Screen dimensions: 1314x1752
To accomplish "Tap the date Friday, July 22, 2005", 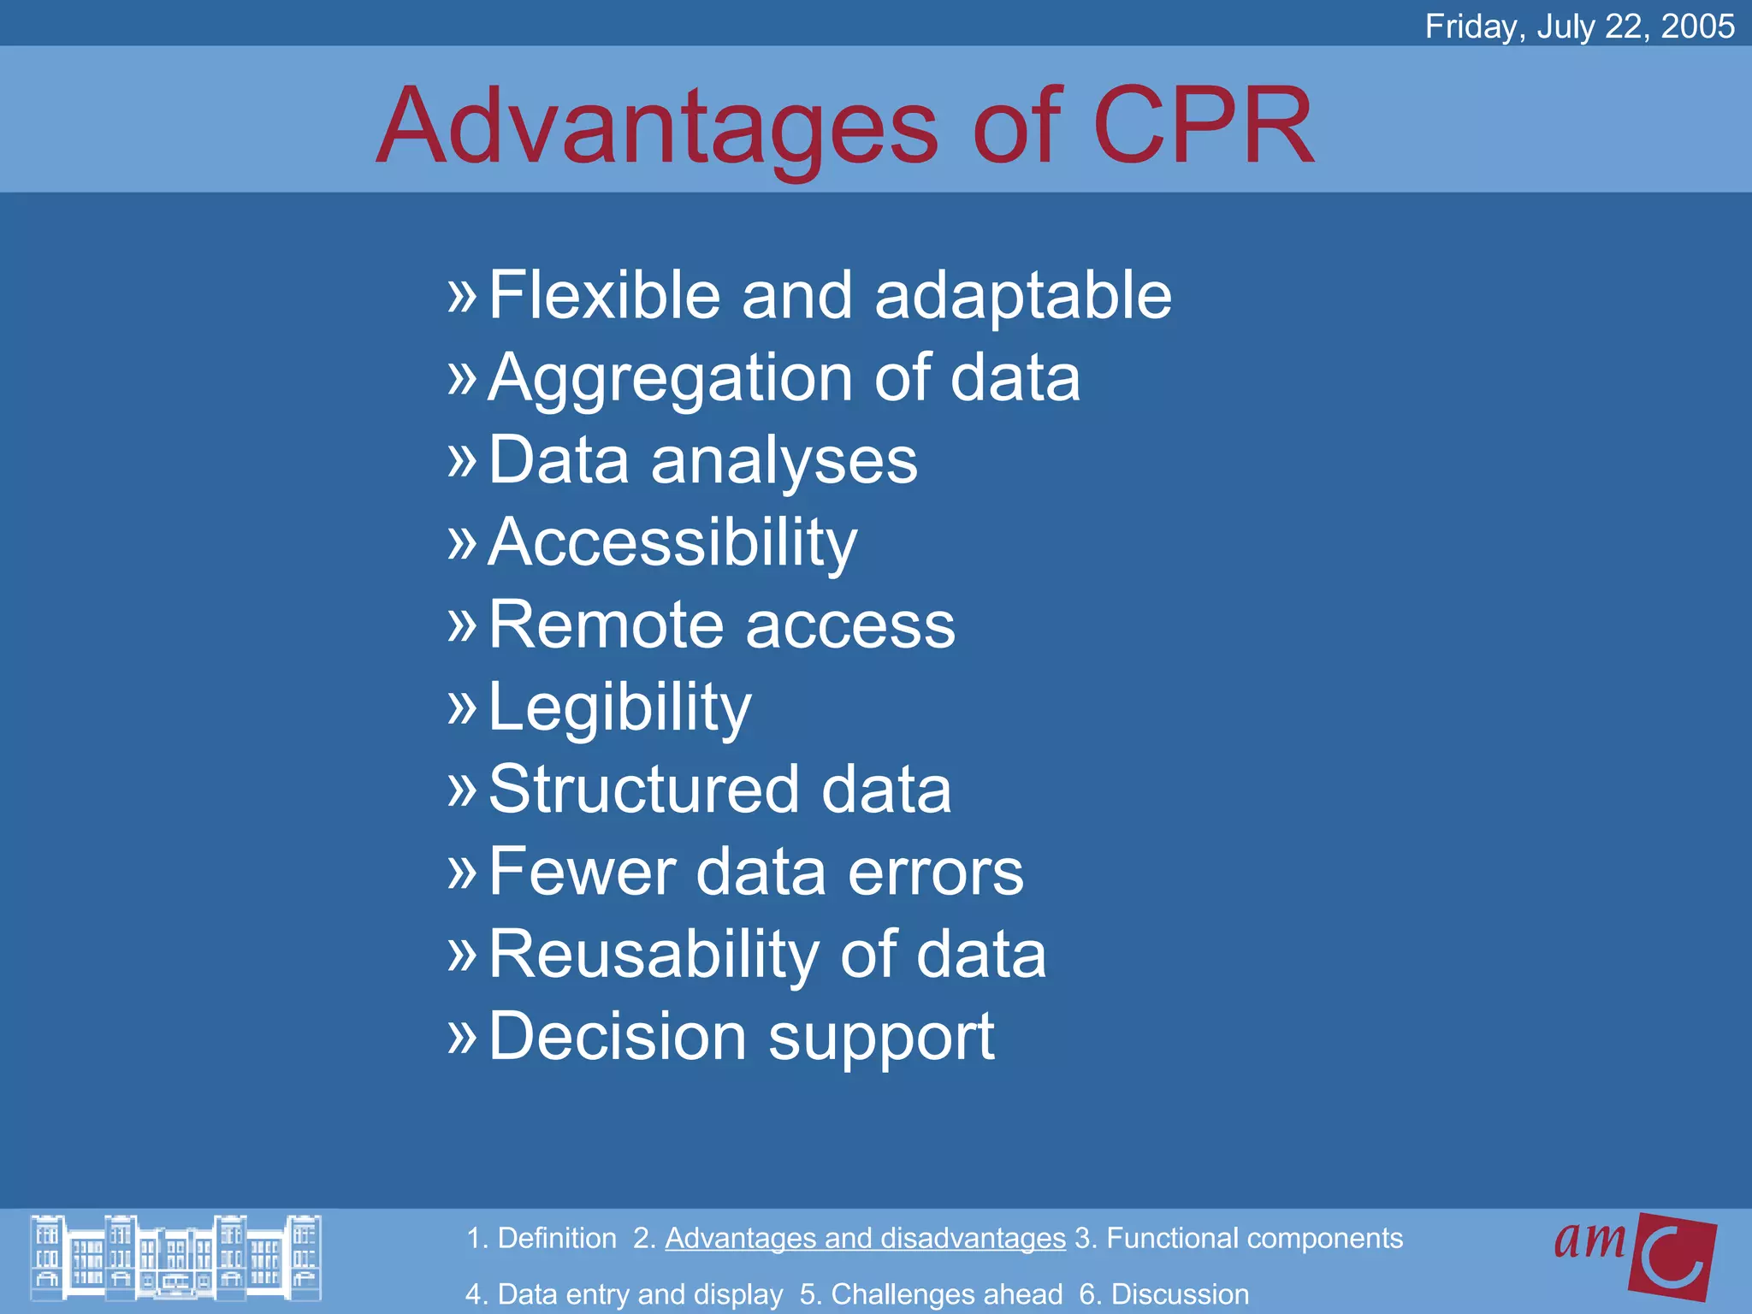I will (x=1579, y=26).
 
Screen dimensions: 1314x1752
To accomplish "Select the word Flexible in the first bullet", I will (x=604, y=295).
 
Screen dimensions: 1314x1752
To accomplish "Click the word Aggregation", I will (x=670, y=378).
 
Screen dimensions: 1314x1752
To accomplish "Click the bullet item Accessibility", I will (x=672, y=542).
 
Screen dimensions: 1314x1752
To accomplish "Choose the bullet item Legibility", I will (x=619, y=707).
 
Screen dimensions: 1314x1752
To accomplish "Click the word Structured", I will (x=643, y=789).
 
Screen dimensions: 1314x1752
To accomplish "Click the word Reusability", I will (x=653, y=954).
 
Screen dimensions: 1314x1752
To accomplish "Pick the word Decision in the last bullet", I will (x=617, y=1036).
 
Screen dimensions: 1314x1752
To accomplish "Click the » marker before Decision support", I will (x=462, y=1036).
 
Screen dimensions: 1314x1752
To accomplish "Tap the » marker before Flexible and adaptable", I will (x=462, y=295).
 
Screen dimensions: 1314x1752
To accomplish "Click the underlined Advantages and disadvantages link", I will (x=865, y=1238).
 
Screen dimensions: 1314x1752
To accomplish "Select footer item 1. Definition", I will (x=541, y=1238).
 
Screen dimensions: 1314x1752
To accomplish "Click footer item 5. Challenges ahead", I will (x=931, y=1294).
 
